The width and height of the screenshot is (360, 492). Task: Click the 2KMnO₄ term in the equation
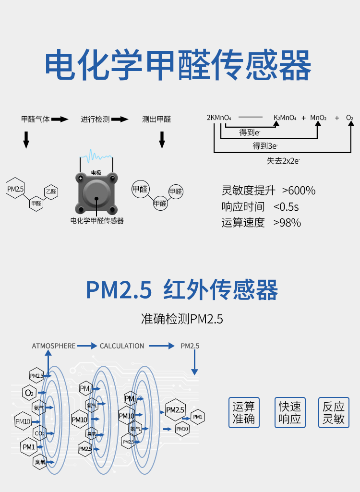tap(219, 117)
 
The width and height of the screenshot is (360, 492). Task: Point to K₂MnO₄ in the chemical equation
tap(285, 117)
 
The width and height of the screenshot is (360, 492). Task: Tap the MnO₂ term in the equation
tap(318, 117)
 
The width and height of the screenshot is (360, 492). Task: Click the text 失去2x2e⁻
tap(284, 161)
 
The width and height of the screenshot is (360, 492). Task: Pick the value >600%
tap(299, 191)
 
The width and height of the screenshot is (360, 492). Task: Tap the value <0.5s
tap(286, 207)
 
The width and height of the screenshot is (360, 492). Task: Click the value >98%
tap(287, 223)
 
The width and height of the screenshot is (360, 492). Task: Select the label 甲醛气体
tap(36, 119)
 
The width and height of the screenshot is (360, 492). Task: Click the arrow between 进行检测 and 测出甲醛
tap(120, 119)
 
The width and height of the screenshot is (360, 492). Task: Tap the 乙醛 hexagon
tap(50, 192)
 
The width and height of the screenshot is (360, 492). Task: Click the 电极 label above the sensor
tap(96, 172)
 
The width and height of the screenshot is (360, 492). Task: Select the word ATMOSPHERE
tap(54, 346)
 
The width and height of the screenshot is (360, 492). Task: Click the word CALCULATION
tap(122, 346)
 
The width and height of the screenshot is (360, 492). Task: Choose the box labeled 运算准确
tap(244, 412)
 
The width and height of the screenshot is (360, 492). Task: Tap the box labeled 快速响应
tap(290, 412)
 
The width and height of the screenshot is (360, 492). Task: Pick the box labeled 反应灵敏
tap(333, 412)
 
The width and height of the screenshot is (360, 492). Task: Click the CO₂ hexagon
tap(39, 433)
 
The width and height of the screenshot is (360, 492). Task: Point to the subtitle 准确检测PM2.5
tap(182, 319)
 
